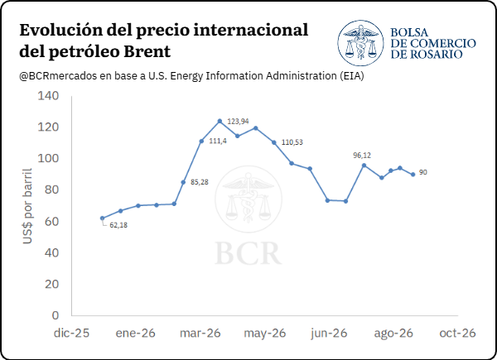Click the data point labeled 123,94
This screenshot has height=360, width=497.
(x=220, y=121)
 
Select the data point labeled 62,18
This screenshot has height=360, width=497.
(x=102, y=218)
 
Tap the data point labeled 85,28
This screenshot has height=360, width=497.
(x=183, y=182)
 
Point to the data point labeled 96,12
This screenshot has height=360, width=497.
(x=364, y=166)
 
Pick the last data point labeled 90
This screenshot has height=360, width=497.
(x=413, y=174)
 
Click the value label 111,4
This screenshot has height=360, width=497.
(x=218, y=141)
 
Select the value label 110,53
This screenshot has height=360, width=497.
(x=292, y=142)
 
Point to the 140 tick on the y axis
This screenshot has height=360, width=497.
(x=48, y=96)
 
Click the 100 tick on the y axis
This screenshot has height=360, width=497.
(x=48, y=158)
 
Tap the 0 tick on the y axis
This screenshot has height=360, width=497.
(x=55, y=315)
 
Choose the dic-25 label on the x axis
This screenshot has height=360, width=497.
(x=71, y=333)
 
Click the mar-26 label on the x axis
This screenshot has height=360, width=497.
(x=200, y=333)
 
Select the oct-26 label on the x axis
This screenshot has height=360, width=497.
(x=457, y=333)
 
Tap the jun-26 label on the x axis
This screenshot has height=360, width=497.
(x=329, y=333)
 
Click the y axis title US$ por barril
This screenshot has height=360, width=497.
(x=27, y=206)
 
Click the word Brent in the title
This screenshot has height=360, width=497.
(x=147, y=51)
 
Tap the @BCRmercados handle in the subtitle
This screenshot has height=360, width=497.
(x=58, y=76)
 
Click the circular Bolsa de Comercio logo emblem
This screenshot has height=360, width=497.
(x=360, y=43)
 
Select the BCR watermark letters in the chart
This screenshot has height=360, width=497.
(x=248, y=253)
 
